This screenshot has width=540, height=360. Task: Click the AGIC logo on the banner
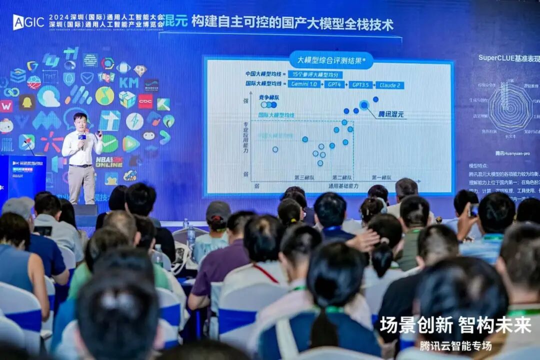coord(28,21)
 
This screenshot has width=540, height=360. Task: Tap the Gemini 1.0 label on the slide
coord(303,84)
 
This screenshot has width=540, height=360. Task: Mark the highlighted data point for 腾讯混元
coord(364,104)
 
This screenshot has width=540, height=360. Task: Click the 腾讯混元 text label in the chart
coord(390,114)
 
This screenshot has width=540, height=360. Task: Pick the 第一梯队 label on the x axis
coord(381,177)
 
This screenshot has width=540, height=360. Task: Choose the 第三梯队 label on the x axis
coord(304,177)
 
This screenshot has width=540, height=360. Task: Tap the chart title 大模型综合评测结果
coord(331,60)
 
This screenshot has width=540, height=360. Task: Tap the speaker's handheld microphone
coord(82,136)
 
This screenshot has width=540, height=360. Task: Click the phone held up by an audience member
coord(473,210)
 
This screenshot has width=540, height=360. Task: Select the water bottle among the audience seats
coord(191,237)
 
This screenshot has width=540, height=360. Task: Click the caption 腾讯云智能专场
coord(455,346)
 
